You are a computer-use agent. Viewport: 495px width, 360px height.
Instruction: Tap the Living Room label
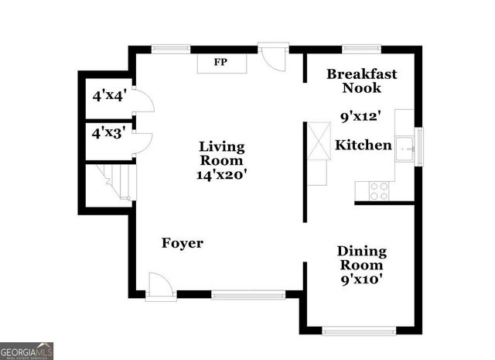pyautogui.click(x=222, y=153)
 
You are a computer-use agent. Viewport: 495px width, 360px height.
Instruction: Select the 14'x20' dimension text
pyautogui.click(x=222, y=175)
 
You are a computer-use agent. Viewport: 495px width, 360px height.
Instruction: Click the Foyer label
pyautogui.click(x=183, y=243)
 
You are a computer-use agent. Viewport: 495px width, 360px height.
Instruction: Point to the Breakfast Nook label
pyautogui.click(x=362, y=81)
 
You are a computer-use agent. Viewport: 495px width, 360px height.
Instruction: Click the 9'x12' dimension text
pyautogui.click(x=362, y=118)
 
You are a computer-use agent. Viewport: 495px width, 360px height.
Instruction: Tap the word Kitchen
pyautogui.click(x=363, y=145)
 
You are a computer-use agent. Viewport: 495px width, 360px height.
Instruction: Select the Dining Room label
pyautogui.click(x=362, y=259)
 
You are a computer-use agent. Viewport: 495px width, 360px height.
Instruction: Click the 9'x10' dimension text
pyautogui.click(x=362, y=279)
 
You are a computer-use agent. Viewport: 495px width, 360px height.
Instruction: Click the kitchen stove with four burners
pyautogui.click(x=379, y=190)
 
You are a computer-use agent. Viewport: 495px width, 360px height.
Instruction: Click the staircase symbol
pyautogui.click(x=111, y=184)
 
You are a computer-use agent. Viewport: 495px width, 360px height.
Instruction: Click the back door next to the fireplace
pyautogui.click(x=272, y=57)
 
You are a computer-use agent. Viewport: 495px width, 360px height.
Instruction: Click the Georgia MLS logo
pyautogui.click(x=27, y=351)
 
